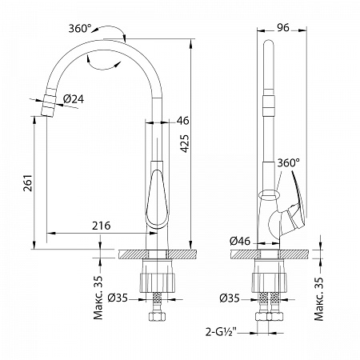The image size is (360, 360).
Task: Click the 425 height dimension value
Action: (x=185, y=143)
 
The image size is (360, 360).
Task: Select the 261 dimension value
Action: (x=28, y=183)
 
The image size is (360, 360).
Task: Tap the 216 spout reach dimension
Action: (x=102, y=226)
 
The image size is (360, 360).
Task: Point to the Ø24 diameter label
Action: (x=74, y=99)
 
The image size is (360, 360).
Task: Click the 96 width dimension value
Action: (x=283, y=27)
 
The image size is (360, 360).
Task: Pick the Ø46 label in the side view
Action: (x=240, y=242)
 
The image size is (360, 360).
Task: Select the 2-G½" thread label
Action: (x=222, y=332)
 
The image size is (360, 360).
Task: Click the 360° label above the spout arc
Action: (x=80, y=28)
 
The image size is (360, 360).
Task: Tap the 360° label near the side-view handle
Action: (x=288, y=163)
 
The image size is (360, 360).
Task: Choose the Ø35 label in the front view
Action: (x=118, y=298)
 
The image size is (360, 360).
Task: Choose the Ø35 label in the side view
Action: (x=230, y=298)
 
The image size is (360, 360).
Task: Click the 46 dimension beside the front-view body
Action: (x=182, y=121)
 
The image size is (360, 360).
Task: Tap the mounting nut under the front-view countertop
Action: (x=158, y=283)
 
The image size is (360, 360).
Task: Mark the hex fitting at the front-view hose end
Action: (x=157, y=317)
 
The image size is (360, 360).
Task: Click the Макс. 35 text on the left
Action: (x=98, y=298)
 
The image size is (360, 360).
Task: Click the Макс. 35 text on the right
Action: (x=319, y=298)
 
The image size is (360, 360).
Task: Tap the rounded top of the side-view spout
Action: (x=268, y=43)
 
